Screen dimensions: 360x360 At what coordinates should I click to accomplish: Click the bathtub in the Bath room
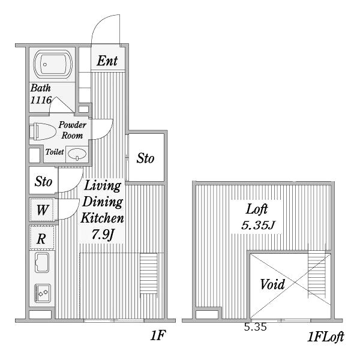(x=53, y=64)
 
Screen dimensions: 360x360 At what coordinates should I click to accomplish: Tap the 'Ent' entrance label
(x=107, y=61)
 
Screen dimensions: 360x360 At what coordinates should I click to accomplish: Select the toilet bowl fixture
(x=42, y=131)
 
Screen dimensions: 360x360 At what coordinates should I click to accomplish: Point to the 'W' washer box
(x=42, y=210)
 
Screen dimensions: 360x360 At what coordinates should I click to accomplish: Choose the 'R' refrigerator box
(x=41, y=238)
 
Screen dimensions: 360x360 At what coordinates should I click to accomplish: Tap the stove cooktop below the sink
(x=43, y=293)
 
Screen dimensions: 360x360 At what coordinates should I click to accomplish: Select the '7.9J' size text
(x=103, y=234)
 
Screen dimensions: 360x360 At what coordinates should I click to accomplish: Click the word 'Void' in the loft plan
(x=272, y=283)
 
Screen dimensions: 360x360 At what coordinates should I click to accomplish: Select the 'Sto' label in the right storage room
(x=145, y=158)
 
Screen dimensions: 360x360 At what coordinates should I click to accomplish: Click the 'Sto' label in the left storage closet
(x=43, y=181)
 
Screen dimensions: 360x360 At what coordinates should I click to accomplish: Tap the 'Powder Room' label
(x=73, y=130)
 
